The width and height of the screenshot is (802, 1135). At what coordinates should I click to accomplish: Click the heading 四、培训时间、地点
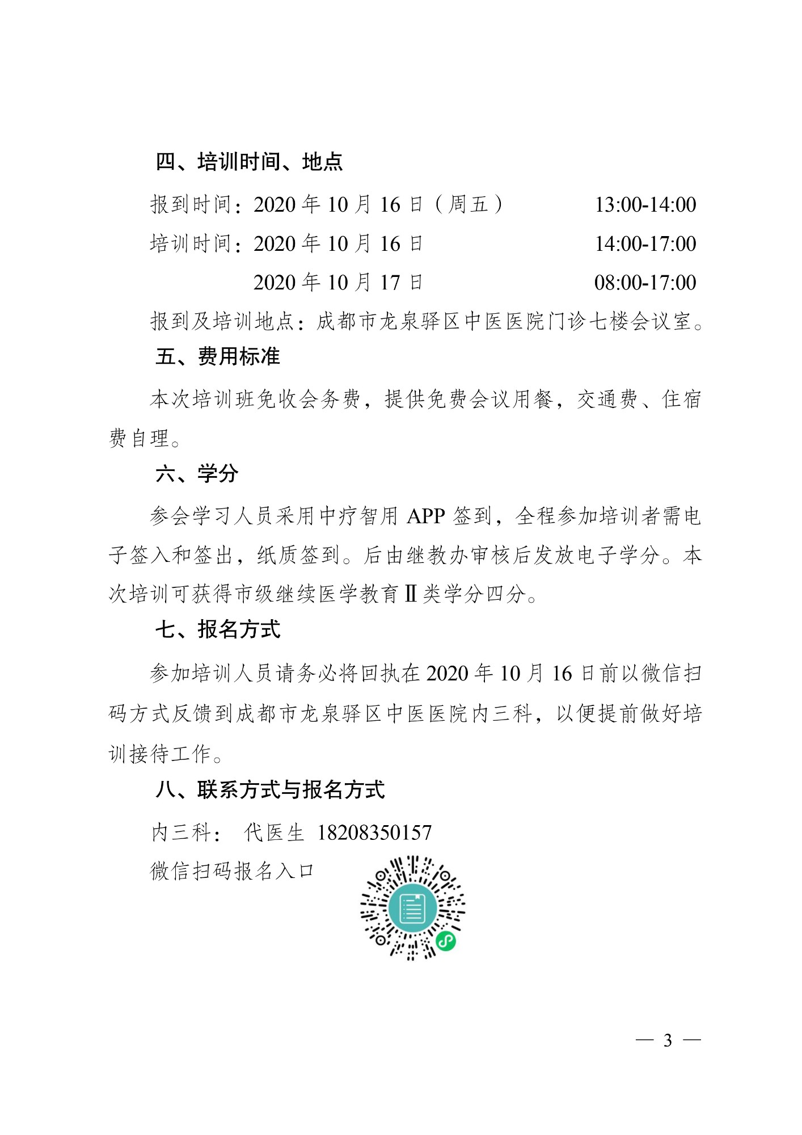[249, 162]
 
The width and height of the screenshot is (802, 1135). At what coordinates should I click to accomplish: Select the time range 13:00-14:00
[645, 204]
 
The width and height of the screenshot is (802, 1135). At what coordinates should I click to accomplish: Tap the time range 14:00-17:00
[645, 243]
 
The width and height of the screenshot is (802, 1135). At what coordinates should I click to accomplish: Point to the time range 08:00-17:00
[645, 282]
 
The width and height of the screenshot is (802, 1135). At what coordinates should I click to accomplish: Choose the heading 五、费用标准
[218, 356]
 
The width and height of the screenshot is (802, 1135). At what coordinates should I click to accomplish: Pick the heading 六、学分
[197, 473]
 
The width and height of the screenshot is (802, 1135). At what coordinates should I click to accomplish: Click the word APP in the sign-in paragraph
[426, 516]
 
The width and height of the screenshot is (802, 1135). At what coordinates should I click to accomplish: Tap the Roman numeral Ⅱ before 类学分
[411, 594]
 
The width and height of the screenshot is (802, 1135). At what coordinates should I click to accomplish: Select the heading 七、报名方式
[218, 629]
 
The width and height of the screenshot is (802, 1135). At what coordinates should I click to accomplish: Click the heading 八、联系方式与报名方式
[270, 789]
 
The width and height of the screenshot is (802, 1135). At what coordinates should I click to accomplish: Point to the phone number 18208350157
[374, 833]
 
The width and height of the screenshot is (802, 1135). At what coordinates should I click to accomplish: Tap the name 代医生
[275, 833]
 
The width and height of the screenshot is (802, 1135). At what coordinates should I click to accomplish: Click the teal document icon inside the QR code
[412, 909]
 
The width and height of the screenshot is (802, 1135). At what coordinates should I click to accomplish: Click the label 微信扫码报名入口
[233, 871]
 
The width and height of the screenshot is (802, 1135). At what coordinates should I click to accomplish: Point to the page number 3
[668, 1040]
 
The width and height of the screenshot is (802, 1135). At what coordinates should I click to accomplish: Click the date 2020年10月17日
[338, 282]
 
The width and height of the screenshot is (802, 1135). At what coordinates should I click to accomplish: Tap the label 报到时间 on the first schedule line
[191, 204]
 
